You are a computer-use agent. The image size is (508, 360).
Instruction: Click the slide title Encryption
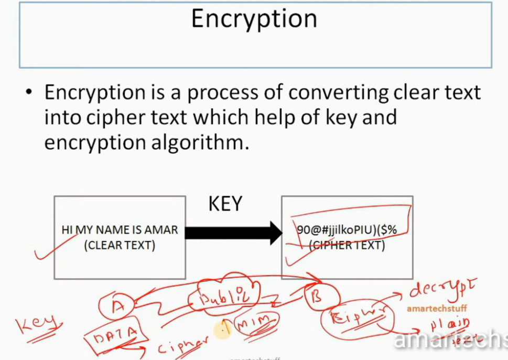pos(254,19)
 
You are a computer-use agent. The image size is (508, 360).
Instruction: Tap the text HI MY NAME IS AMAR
pos(120,230)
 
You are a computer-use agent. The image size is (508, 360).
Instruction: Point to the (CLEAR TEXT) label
pos(120,245)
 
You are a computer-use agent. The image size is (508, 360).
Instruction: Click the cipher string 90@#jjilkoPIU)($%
pos(347,230)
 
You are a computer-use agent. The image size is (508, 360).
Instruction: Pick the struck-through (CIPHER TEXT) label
pos(347,245)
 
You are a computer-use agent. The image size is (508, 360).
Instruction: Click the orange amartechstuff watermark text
pos(436,309)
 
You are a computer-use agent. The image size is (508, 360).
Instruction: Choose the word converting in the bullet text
pos(338,92)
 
